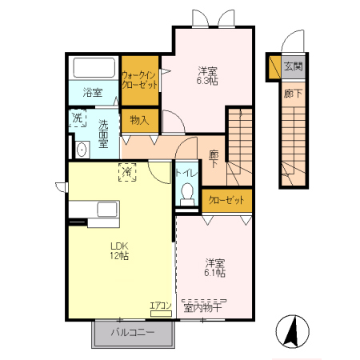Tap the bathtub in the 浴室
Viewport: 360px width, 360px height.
coord(94,67)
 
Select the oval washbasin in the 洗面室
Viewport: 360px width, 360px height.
coord(81,150)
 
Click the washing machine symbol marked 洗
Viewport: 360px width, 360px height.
coord(78,118)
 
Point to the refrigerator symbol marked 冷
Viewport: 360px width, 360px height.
coord(127,172)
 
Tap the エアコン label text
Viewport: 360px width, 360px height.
coord(160,306)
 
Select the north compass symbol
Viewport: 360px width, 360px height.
coord(293,331)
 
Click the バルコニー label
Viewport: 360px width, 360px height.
coord(133,332)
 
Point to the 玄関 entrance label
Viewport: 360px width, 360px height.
coord(294,66)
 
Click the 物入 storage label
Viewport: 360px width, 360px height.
coord(139,120)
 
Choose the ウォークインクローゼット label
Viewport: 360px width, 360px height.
coord(139,80)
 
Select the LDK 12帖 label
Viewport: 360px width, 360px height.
coord(119,250)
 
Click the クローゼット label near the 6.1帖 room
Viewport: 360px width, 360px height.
coord(226,200)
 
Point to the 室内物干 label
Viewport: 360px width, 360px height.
coord(202,308)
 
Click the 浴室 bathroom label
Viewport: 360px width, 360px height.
coord(93,93)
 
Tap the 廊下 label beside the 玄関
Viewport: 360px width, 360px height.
coord(293,94)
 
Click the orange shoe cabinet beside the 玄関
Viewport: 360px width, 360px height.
coord(274,67)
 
